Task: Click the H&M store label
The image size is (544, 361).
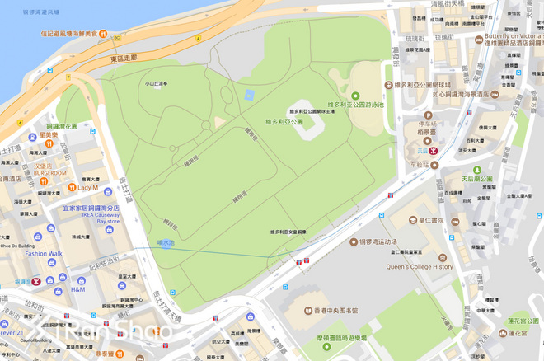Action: [x=78, y=289]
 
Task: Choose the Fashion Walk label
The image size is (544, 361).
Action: [x=43, y=254]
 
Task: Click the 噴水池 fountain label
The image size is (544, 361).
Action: [x=166, y=243]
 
